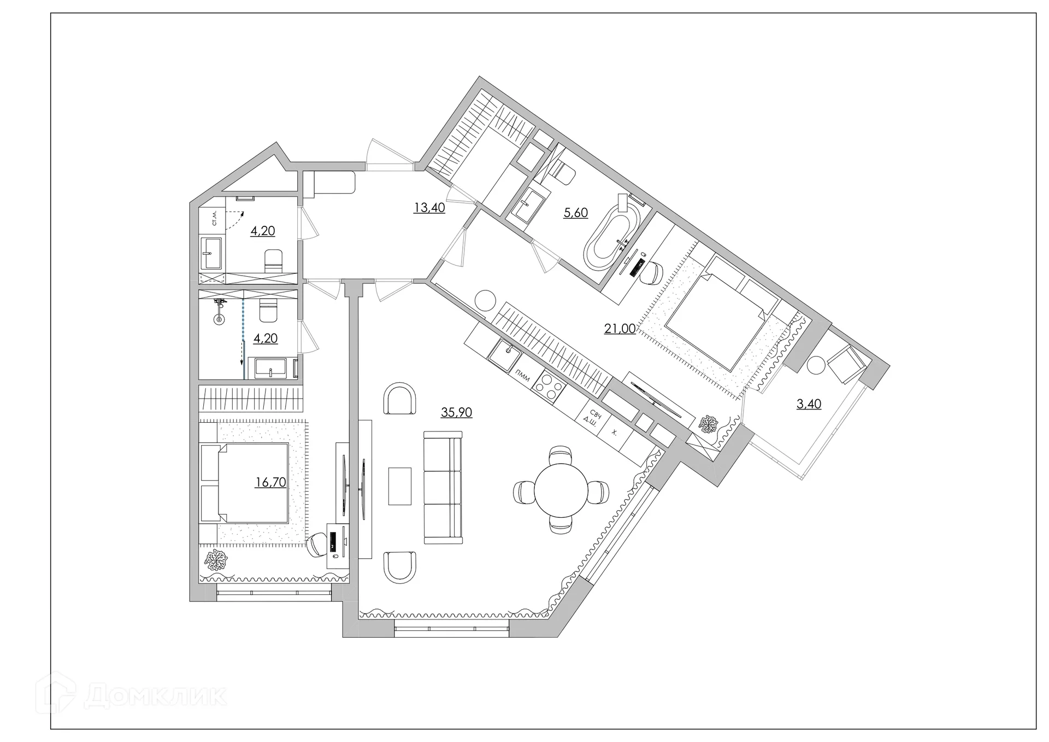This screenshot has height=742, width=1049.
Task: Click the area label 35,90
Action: [x=456, y=412]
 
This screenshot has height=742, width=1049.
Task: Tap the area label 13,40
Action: [x=429, y=208]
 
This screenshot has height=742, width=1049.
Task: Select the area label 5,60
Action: [x=576, y=213]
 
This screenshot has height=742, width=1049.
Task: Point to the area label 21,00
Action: [x=620, y=329]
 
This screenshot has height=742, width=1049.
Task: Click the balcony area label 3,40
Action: [x=809, y=404]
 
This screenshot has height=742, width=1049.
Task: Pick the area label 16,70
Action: [x=271, y=482]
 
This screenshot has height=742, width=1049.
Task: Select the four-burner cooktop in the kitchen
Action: [x=549, y=385]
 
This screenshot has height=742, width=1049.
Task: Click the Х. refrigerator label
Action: [x=614, y=433]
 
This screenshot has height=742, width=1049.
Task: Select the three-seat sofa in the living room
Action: [x=443, y=487]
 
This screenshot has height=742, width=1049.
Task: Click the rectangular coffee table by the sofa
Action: [x=400, y=486]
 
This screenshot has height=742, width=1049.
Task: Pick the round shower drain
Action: [x=219, y=319]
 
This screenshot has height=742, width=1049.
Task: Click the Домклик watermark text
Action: [x=156, y=696]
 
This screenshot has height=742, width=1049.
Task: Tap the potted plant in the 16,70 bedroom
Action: [x=216, y=560]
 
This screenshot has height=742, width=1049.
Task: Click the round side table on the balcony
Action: [x=816, y=365]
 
